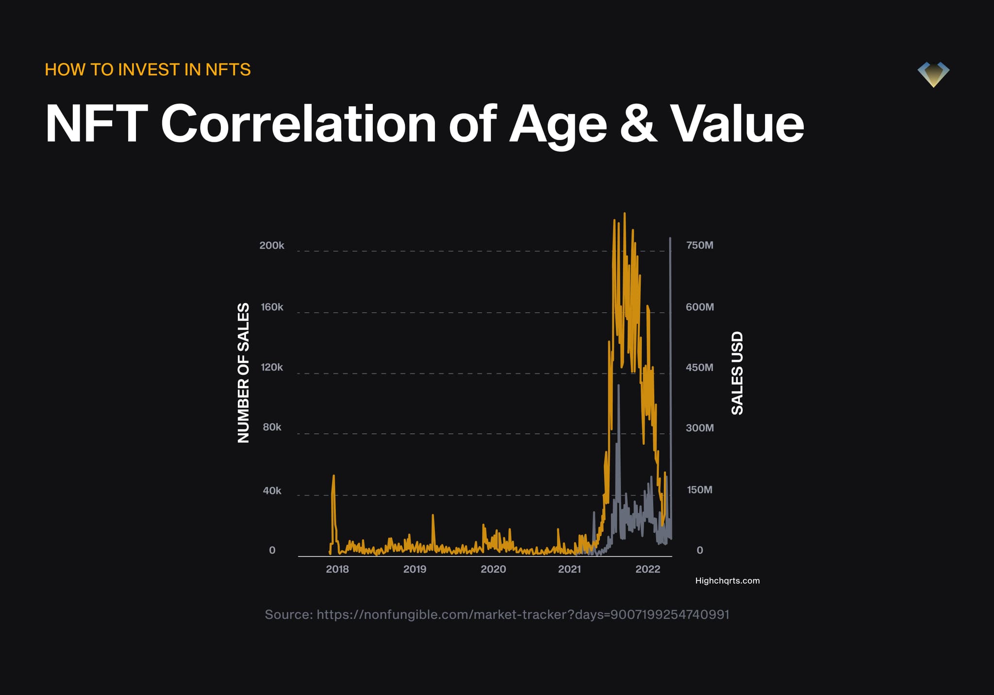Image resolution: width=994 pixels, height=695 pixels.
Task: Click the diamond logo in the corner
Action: pos(933,74)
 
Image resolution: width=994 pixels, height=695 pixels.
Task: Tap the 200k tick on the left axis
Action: pos(272,245)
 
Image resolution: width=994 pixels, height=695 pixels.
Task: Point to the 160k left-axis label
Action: pos(272,307)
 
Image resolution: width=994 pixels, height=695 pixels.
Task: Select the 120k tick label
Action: pos(272,367)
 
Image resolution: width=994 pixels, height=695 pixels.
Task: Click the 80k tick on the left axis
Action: pos(272,427)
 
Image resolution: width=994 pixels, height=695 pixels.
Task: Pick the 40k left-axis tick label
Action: pos(272,491)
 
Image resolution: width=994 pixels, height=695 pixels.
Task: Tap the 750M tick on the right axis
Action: pos(700,245)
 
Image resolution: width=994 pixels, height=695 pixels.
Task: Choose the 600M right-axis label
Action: pos(700,307)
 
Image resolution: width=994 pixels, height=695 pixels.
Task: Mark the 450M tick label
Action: pos(700,367)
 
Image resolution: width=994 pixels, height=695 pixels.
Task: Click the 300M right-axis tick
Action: pos(700,428)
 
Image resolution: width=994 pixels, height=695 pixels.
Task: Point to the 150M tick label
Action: pos(700,490)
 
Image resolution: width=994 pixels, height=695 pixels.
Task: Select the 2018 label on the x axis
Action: pos(337,569)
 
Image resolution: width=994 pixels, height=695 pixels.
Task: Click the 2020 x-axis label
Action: pos(493,569)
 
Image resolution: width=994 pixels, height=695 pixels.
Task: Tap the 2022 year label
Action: pos(648,569)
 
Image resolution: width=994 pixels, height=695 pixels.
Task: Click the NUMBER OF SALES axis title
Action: pos(243,373)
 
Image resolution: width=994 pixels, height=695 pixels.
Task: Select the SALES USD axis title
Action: pos(737,373)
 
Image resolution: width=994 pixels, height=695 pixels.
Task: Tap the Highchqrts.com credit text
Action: pos(728,581)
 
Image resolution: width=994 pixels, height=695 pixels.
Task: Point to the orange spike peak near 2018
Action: pos(333,475)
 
